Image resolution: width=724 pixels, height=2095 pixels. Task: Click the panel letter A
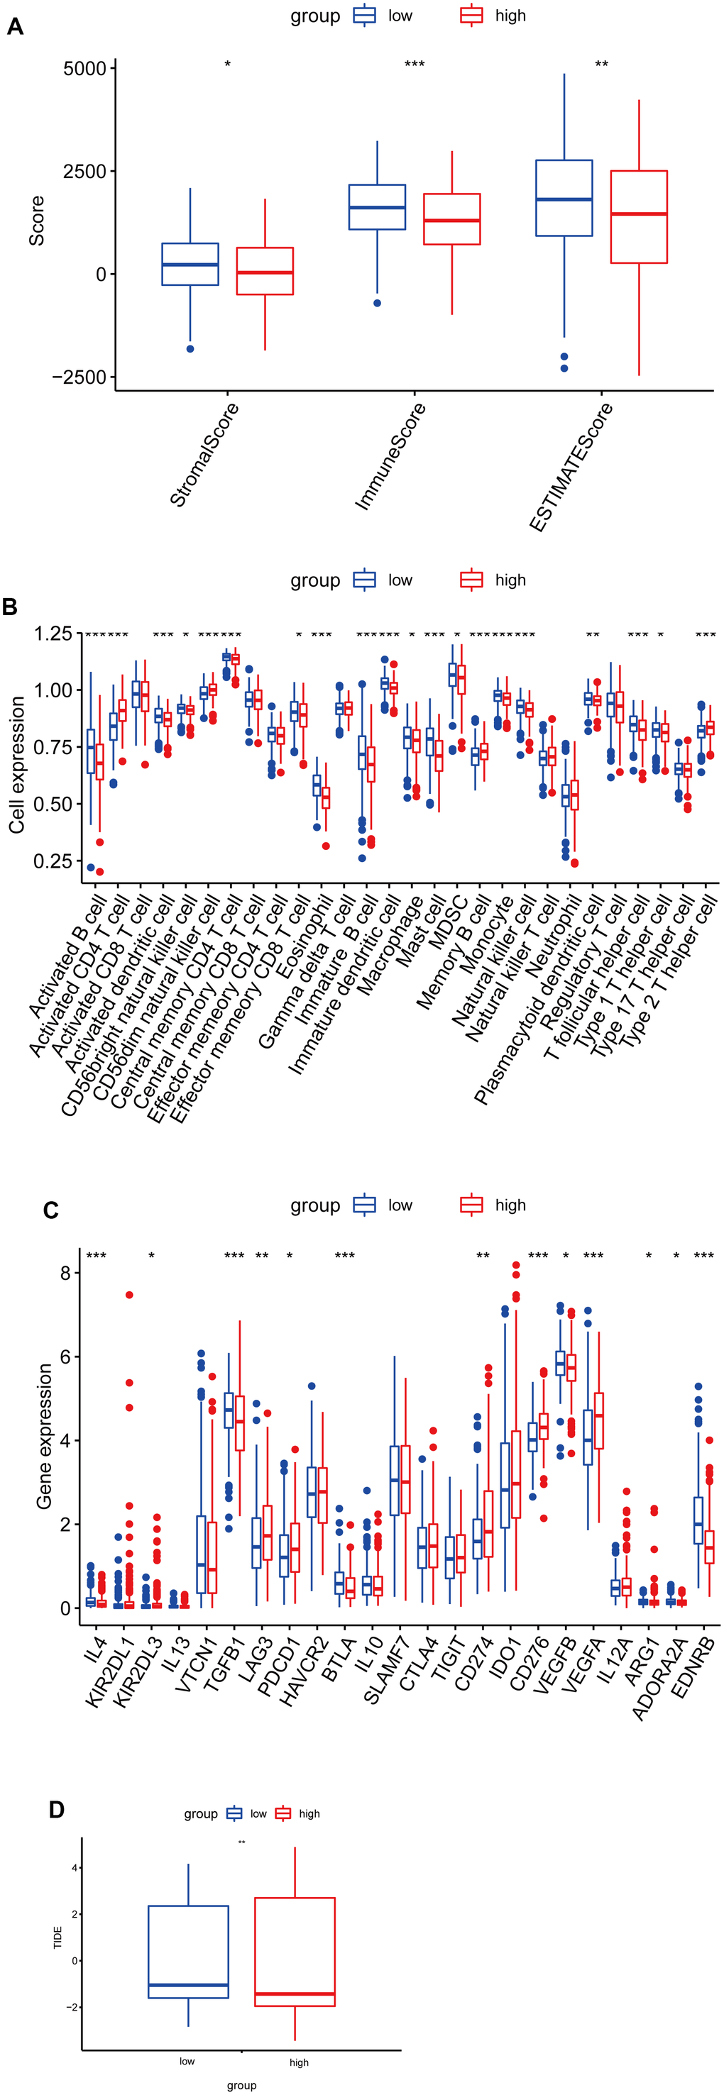(x=15, y=28)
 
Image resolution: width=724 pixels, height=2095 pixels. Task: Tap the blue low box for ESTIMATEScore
(x=564, y=198)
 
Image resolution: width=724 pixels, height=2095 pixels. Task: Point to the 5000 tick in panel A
(x=84, y=69)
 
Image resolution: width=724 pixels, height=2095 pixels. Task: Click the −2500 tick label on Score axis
(x=79, y=377)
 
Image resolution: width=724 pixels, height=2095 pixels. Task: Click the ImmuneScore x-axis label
(x=391, y=456)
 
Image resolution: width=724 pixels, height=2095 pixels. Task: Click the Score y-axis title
(x=37, y=221)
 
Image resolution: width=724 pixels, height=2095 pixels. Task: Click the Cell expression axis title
(x=17, y=765)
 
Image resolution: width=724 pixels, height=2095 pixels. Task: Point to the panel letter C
(x=50, y=1211)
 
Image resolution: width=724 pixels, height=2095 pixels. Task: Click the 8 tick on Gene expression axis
(x=65, y=1273)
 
